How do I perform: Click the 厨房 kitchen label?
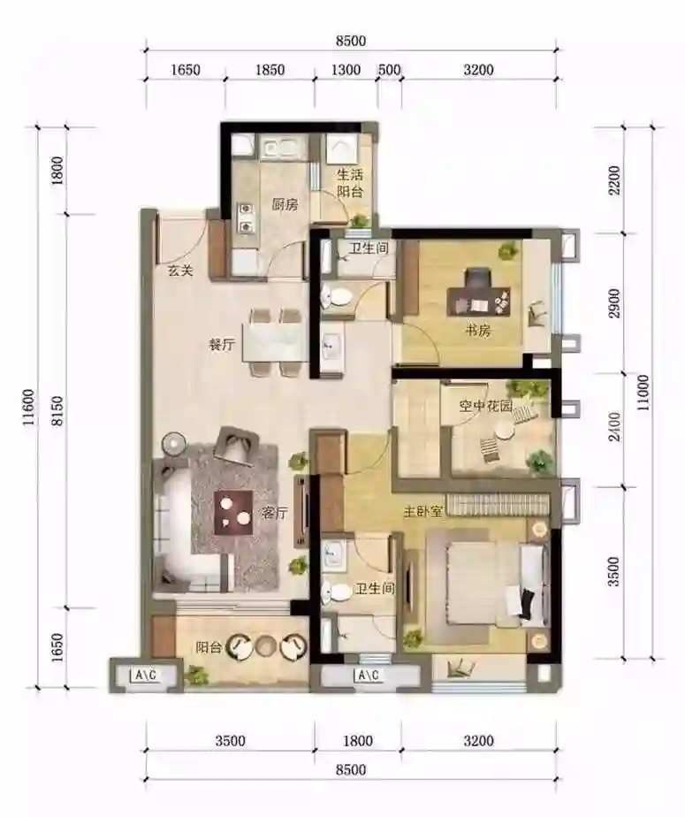(x=285, y=205)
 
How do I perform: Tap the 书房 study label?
(x=478, y=331)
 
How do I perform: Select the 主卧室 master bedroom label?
(x=423, y=512)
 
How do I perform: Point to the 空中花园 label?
(x=485, y=405)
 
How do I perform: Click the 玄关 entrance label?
(x=180, y=271)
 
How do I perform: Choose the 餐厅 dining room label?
(x=222, y=345)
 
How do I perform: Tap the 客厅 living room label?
(x=275, y=513)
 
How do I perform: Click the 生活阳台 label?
(x=349, y=182)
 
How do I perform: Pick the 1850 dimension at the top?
(x=270, y=70)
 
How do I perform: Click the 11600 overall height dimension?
(x=29, y=407)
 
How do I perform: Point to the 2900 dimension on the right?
(x=615, y=303)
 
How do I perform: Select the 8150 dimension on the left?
(x=57, y=410)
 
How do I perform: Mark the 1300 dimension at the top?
(x=346, y=70)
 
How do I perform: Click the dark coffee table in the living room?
(x=233, y=513)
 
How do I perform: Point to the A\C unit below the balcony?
(x=146, y=676)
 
